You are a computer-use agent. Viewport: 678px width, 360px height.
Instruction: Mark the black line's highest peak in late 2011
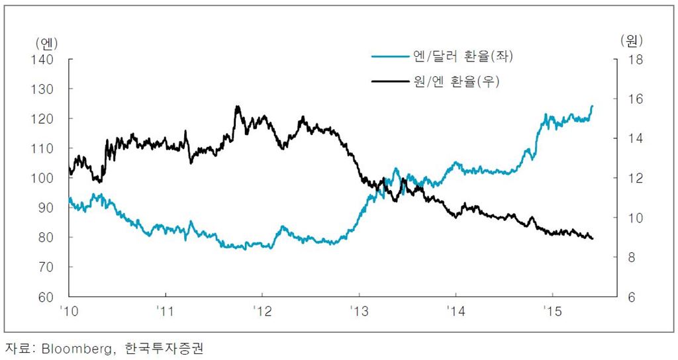236,106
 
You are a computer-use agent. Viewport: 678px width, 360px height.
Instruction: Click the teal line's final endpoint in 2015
592,106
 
